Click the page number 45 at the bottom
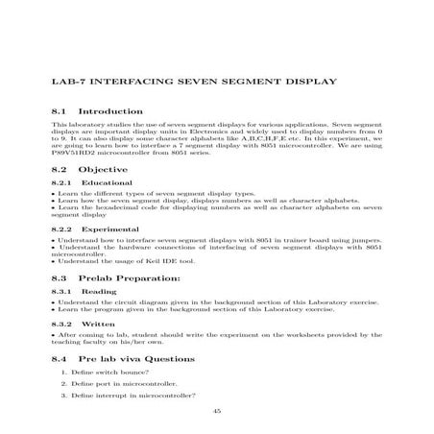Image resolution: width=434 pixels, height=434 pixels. click(217, 411)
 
